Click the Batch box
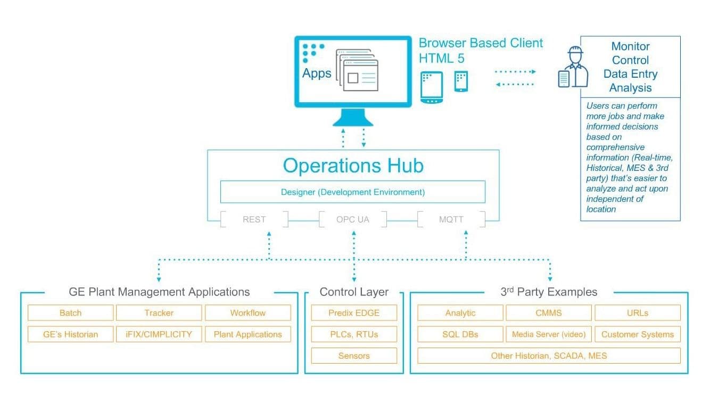point(70,312)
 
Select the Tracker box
point(159,312)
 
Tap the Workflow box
point(247,312)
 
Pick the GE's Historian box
point(70,334)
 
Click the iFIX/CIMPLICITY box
point(159,334)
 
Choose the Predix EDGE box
point(354,312)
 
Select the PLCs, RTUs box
point(354,334)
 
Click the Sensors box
point(354,356)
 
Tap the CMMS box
point(548,312)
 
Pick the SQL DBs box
point(460,334)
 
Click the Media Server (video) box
point(548,334)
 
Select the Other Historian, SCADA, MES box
point(548,356)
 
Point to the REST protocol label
point(254,219)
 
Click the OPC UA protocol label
point(352,219)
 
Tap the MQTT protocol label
point(451,219)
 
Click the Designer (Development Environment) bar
point(352,192)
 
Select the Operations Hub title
point(353,166)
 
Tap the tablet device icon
point(432,87)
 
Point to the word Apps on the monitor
point(317,73)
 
